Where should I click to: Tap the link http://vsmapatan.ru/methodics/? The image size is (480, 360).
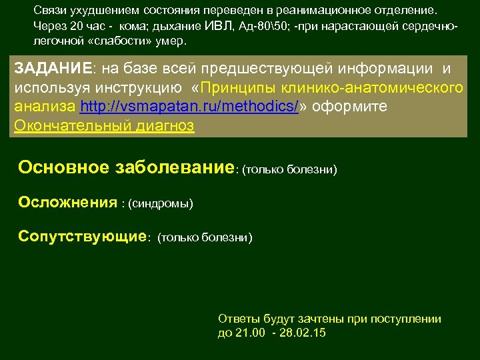[x=189, y=107]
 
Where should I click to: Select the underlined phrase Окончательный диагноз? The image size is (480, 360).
[x=104, y=126]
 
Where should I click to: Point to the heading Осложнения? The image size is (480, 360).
[x=67, y=202]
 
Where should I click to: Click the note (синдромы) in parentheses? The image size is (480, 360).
[x=161, y=203]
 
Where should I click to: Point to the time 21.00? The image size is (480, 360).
[x=250, y=332]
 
